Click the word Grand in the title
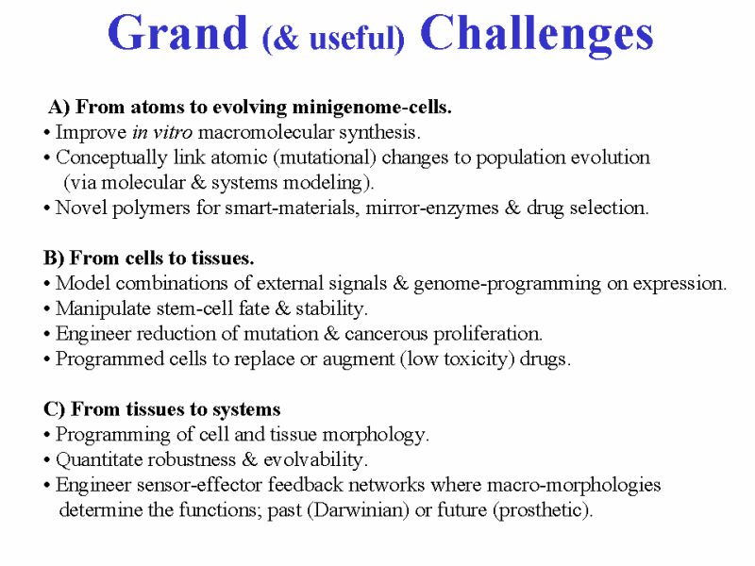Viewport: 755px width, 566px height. (177, 33)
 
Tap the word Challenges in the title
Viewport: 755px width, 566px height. (536, 35)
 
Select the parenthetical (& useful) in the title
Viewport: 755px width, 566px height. (333, 38)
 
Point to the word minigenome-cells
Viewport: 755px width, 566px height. (372, 108)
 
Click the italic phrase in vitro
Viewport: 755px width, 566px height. (162, 132)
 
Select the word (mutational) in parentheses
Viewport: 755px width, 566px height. (325, 158)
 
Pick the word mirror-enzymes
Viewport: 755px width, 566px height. (432, 208)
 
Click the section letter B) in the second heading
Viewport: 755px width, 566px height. (54, 258)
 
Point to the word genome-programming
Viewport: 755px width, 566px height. (508, 284)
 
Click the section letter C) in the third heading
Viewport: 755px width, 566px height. (54, 409)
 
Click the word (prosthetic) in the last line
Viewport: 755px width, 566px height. (542, 510)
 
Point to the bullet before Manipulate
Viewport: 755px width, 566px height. (46, 309)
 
